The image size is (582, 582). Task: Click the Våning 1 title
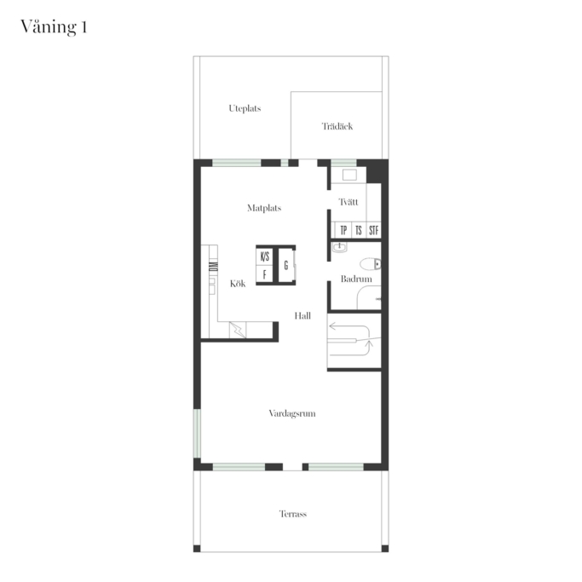coord(54,27)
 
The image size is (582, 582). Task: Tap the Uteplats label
coord(245,108)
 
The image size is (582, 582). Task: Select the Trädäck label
coord(337,126)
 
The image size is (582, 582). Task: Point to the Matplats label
coord(264,208)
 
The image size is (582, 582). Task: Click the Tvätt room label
coord(349,202)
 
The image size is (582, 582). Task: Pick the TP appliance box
coord(343,230)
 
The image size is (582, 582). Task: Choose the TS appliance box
coord(359,230)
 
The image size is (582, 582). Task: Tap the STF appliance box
coord(374,230)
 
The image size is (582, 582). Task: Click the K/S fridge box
coord(265,256)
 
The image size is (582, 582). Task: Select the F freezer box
coord(265,274)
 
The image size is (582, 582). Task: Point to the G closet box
coord(286,265)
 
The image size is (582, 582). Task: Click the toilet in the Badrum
coord(371,264)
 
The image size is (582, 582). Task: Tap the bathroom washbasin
coord(339,247)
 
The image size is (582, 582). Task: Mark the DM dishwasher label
coord(213,267)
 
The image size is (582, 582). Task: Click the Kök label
coord(238,284)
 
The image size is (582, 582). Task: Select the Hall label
coord(303,316)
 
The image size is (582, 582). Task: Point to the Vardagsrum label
coord(292,413)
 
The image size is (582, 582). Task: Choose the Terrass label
coord(293,514)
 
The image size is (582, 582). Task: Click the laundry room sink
coord(349,175)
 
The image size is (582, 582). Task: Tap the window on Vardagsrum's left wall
coord(197,433)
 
